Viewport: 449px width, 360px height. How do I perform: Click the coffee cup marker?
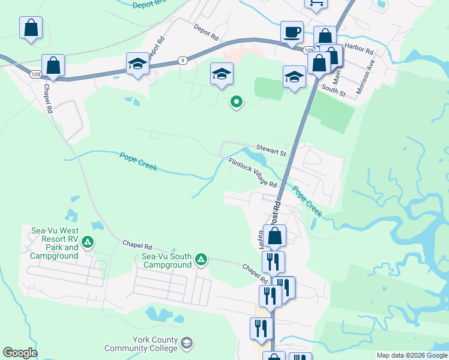click(x=292, y=32)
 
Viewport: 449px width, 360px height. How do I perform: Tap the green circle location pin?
click(x=237, y=102)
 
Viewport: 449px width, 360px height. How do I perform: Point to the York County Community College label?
click(x=141, y=344)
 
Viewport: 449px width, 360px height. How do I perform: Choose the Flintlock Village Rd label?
click(x=252, y=173)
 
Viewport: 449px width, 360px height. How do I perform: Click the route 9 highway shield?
click(x=182, y=60)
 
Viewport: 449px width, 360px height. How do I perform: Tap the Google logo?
click(x=20, y=353)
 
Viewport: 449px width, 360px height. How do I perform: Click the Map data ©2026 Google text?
click(x=411, y=355)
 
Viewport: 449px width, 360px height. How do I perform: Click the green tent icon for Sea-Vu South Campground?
click(x=201, y=260)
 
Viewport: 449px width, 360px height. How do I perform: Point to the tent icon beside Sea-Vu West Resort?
click(x=88, y=242)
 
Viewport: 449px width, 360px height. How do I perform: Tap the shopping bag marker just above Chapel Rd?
click(x=53, y=66)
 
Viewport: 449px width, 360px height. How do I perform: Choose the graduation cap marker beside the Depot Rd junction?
click(x=137, y=64)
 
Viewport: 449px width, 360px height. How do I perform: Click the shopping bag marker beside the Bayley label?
click(x=274, y=236)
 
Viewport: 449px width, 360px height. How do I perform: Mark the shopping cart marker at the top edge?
click(x=316, y=3)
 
